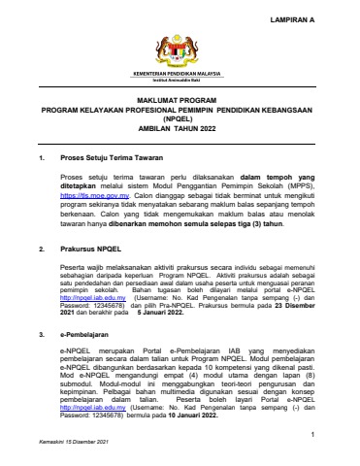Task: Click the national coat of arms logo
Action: pyautogui.click(x=180, y=50)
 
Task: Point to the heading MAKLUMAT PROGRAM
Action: pyautogui.click(x=180, y=99)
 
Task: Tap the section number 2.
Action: pyautogui.click(x=39, y=250)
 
